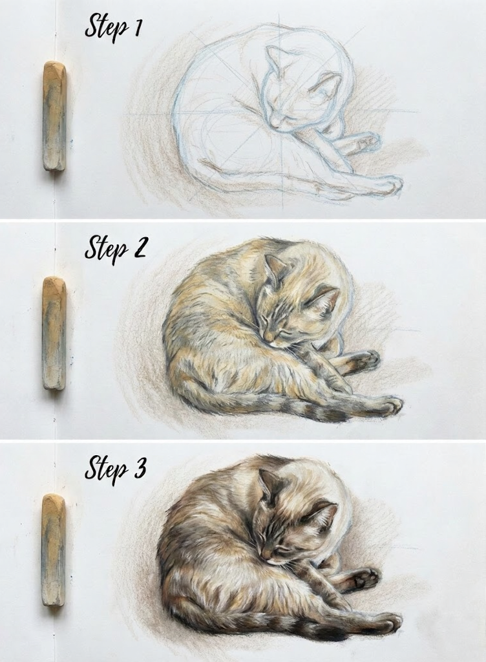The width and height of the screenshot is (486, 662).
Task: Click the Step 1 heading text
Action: coord(113,28)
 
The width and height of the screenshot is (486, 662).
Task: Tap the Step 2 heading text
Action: coord(116,249)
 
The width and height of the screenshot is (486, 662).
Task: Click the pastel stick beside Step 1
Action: coord(54,116)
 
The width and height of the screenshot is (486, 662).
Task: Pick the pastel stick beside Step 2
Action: coord(54,333)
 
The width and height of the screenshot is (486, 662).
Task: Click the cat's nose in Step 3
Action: coord(266,555)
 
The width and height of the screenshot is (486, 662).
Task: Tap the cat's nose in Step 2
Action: coord(268,336)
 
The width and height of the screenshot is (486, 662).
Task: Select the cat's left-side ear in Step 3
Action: coord(268,484)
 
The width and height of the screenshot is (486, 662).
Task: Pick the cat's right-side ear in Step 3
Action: coord(324,515)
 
